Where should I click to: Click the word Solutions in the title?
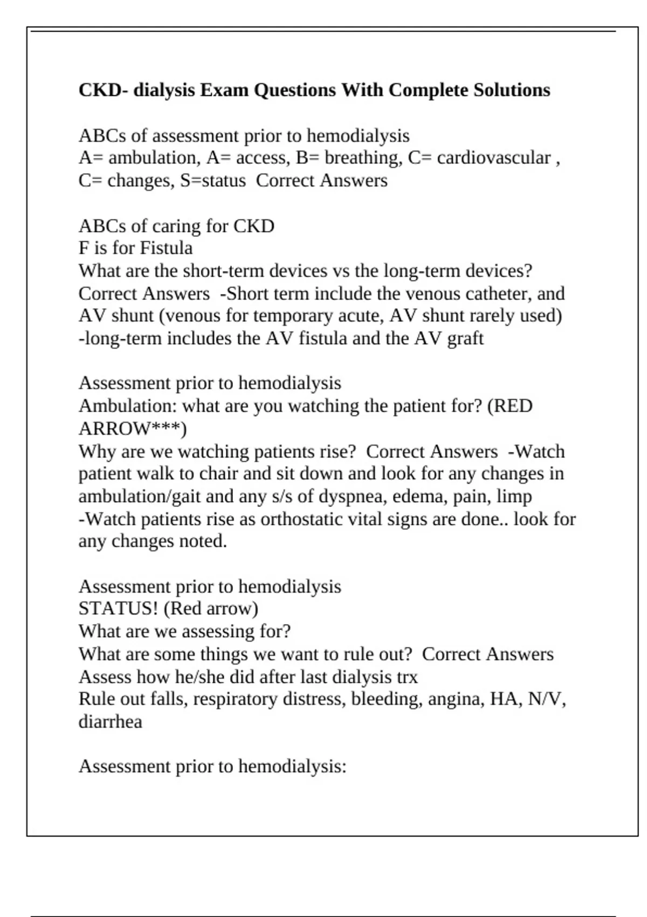[512, 90]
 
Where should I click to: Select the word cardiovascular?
[494, 158]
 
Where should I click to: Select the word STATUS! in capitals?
[118, 609]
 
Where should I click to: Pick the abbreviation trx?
[407, 677]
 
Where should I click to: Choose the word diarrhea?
[111, 722]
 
